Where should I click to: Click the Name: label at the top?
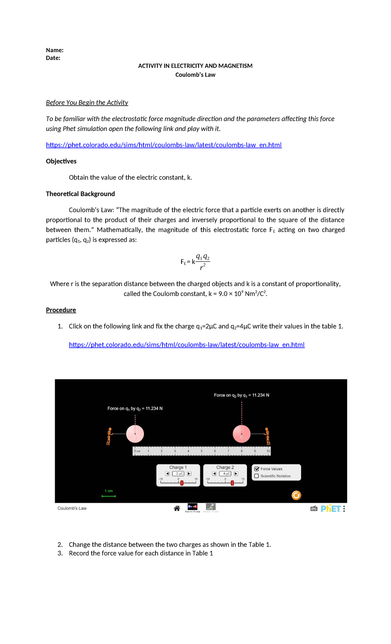pos(54,50)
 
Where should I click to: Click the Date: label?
pos(53,58)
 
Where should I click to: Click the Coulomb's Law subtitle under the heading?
pos(195,75)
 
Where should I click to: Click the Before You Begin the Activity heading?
pos(87,103)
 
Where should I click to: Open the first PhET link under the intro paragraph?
pos(164,145)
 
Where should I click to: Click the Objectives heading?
pos(61,161)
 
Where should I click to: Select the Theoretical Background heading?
pos(80,194)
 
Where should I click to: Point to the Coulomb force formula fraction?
pos(202,262)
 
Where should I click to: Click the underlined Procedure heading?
pos(61,310)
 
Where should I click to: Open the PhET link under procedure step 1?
pos(187,345)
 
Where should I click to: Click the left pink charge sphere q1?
pos(135,434)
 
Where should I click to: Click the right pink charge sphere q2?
pos(241,434)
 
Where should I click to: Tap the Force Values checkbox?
pos(257,469)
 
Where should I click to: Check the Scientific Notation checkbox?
pos(257,476)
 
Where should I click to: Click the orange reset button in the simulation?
pos(296,495)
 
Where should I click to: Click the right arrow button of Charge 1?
pos(189,474)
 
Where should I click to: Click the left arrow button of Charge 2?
pos(214,474)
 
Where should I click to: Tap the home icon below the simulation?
pos(177,508)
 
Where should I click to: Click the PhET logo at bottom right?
pos(331,508)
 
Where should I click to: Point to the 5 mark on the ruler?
pos(202,451)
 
